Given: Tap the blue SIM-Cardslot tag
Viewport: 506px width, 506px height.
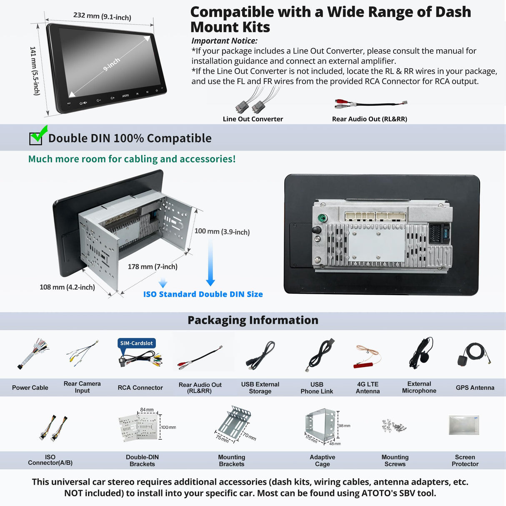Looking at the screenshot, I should (x=136, y=343).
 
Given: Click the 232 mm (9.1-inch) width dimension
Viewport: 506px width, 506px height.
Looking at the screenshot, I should (x=102, y=16).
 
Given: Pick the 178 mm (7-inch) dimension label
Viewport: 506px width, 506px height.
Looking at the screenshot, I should (x=153, y=267).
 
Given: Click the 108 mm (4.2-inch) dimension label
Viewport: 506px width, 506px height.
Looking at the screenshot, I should (x=67, y=287).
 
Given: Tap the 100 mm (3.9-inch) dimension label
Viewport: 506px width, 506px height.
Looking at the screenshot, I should (x=222, y=232).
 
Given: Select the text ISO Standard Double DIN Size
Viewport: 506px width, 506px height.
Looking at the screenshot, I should (x=203, y=294).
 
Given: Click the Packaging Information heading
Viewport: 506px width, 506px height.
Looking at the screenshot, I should (x=253, y=320).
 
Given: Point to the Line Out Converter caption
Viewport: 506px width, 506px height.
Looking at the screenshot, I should (x=253, y=119).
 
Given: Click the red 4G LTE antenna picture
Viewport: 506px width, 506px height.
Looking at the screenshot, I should (x=367, y=357).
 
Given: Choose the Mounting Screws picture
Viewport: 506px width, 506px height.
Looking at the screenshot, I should (x=394, y=426).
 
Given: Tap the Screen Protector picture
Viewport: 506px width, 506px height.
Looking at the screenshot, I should (x=464, y=425).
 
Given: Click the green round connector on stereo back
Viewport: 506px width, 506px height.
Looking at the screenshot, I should (x=322, y=218).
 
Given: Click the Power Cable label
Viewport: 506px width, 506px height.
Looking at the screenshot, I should (x=30, y=388).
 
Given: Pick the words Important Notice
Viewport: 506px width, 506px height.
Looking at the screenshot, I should (x=224, y=41).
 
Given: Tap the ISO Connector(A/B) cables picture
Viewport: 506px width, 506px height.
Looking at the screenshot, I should (x=53, y=428).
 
